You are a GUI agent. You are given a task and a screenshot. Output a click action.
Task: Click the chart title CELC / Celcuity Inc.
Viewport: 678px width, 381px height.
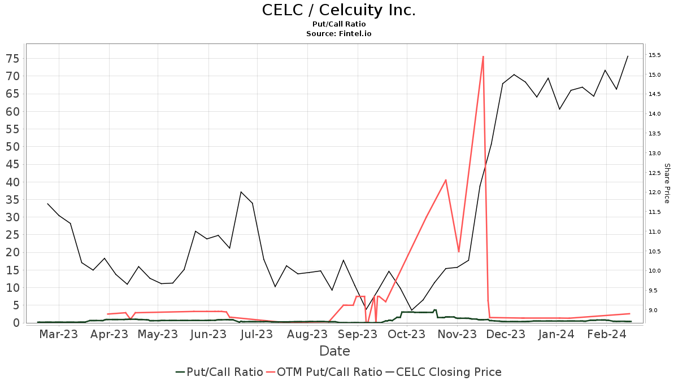click(338, 10)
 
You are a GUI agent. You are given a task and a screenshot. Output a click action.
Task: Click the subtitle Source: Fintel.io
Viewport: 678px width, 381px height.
click(338, 34)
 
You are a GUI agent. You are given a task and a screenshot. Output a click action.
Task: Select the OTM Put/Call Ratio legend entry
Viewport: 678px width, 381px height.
click(324, 372)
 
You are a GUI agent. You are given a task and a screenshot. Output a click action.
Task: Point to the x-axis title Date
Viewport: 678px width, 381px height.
click(334, 351)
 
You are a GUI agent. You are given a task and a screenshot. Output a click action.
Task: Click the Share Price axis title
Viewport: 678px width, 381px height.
click(667, 183)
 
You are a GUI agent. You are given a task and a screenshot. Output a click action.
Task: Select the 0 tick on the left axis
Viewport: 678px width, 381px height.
click(16, 323)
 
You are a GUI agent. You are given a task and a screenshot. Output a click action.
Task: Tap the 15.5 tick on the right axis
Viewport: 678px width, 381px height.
click(655, 55)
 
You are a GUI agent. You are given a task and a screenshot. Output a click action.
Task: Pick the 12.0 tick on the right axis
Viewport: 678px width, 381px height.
click(655, 192)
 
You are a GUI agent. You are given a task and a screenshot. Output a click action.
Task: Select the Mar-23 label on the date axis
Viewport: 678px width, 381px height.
click(59, 334)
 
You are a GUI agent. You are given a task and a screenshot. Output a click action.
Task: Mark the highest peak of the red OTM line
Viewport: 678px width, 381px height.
click(483, 56)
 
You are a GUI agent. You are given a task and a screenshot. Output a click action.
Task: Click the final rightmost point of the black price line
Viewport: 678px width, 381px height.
click(628, 56)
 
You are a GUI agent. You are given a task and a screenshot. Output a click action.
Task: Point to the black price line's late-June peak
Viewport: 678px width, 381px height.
click(241, 192)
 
